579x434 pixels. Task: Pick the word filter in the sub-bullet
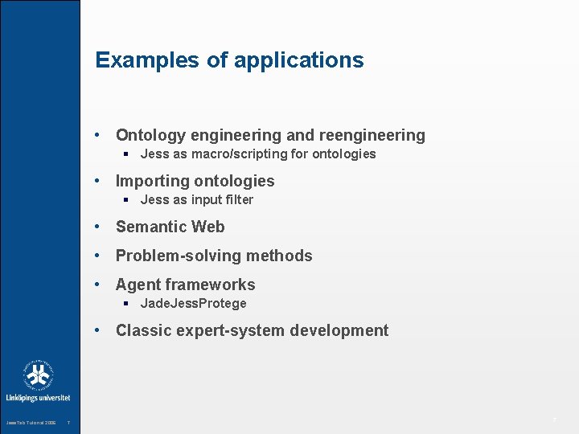coord(237,200)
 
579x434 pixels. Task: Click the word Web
coord(208,227)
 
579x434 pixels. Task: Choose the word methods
coord(281,256)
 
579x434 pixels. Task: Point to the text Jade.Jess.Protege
coord(194,304)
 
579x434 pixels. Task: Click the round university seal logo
coord(38,375)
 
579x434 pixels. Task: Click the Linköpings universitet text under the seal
coord(38,398)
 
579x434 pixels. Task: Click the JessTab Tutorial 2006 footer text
coord(31,424)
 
